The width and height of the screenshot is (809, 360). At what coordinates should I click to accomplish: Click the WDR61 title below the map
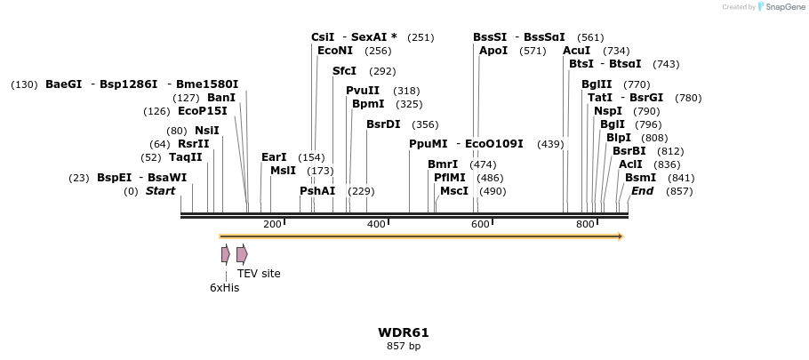pos(403,332)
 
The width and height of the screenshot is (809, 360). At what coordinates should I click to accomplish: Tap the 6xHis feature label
pos(224,287)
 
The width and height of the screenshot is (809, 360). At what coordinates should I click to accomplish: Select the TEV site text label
pos(259,273)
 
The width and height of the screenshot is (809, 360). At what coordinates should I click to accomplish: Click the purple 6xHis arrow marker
pos(226,254)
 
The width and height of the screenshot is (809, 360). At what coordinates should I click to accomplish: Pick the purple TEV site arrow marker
pos(242,254)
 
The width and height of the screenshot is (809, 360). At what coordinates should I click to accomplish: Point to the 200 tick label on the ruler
pos(272,224)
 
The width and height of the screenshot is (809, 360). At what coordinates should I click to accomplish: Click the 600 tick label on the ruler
pos(480,224)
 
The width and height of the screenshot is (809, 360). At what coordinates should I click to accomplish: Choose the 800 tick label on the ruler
pos(584,224)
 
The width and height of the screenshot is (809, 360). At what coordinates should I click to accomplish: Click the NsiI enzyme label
pos(207,131)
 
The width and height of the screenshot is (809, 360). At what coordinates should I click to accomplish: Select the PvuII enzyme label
pos(363,91)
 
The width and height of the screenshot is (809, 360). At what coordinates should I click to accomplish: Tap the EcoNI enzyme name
pos(335,51)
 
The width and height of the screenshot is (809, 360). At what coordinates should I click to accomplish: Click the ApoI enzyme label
pos(493,51)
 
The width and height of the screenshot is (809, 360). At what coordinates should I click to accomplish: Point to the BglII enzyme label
pos(597,84)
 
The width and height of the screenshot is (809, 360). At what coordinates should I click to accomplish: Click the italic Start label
pos(161,191)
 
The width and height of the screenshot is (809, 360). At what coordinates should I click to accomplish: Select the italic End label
pos(642,191)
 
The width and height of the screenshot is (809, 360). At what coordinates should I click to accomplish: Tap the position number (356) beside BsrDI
pos(425,124)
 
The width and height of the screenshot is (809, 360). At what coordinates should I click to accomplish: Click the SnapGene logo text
pos(786,7)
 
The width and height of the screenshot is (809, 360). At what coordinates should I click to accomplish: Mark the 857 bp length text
pos(403,346)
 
